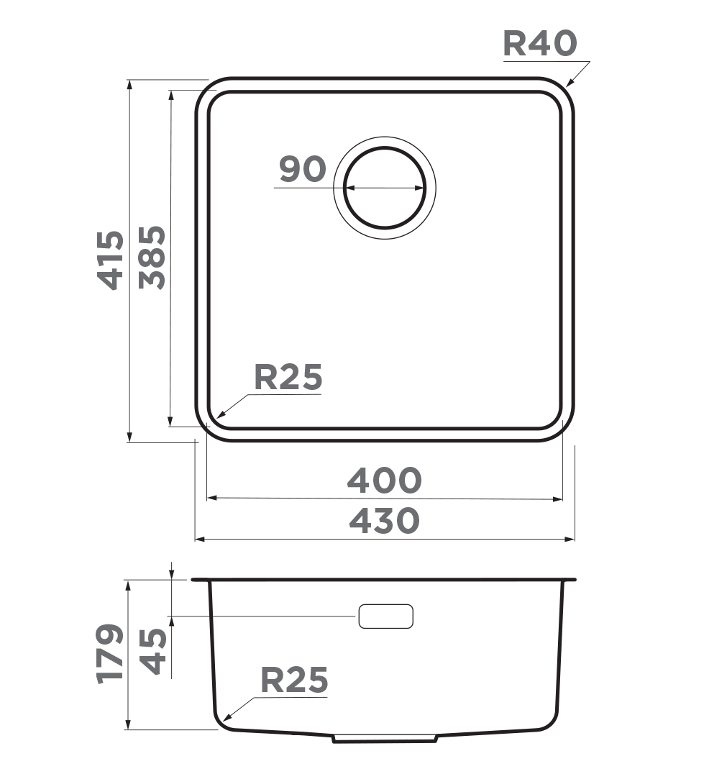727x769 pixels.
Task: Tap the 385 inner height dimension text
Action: tap(152, 258)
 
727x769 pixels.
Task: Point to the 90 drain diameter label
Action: tap(303, 170)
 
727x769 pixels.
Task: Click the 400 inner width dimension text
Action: tap(384, 481)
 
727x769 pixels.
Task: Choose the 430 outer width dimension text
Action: tap(384, 521)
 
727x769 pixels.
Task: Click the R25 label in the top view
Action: tap(288, 378)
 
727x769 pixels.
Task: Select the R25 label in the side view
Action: tap(293, 681)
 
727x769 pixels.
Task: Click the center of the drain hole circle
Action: tap(385, 188)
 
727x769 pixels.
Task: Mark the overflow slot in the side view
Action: tap(385, 616)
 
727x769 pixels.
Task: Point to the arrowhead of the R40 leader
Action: tap(569, 84)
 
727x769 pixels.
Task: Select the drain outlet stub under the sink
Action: tap(385, 738)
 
